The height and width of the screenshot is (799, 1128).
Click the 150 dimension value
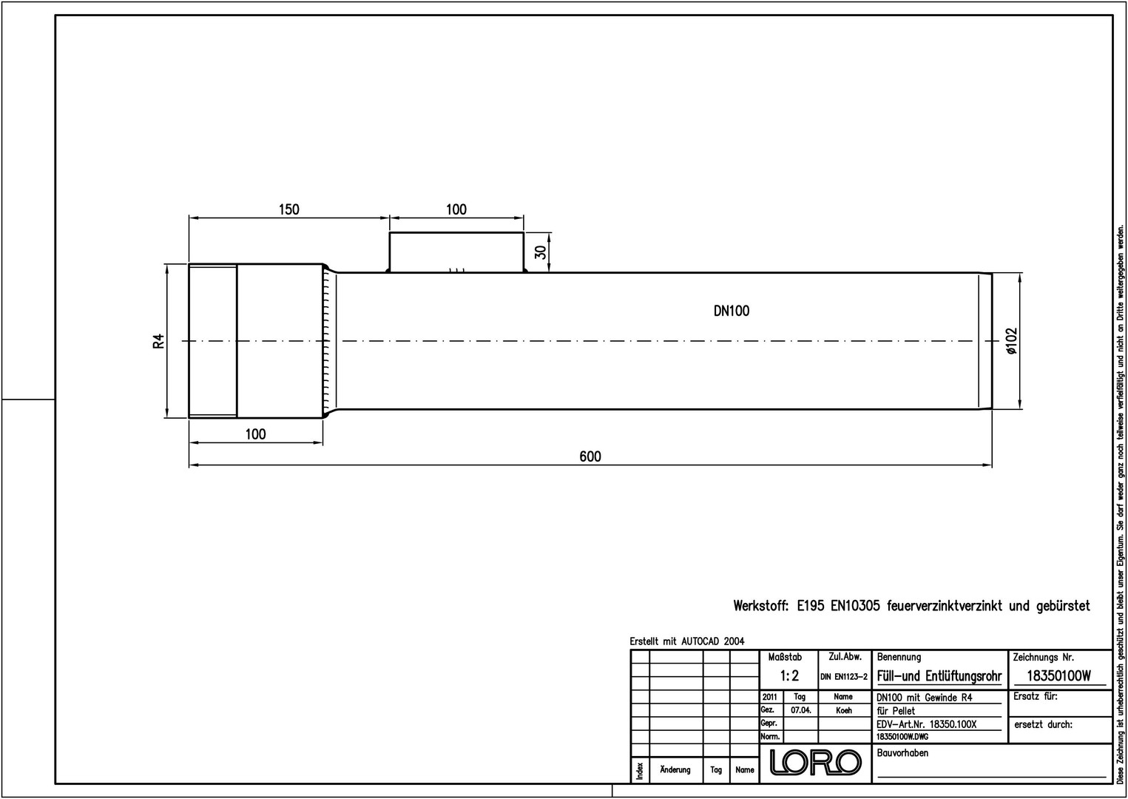[289, 209]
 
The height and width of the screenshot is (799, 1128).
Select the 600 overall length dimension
[590, 456]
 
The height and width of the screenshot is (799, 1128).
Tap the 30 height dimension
[541, 252]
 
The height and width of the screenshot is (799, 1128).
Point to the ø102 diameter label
[1012, 341]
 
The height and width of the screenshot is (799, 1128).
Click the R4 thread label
[158, 341]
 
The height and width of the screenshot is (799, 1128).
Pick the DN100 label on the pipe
[732, 311]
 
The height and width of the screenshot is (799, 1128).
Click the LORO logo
[816, 762]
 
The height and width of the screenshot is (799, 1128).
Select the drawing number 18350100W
[1058, 676]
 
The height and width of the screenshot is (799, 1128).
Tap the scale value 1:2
[790, 676]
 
